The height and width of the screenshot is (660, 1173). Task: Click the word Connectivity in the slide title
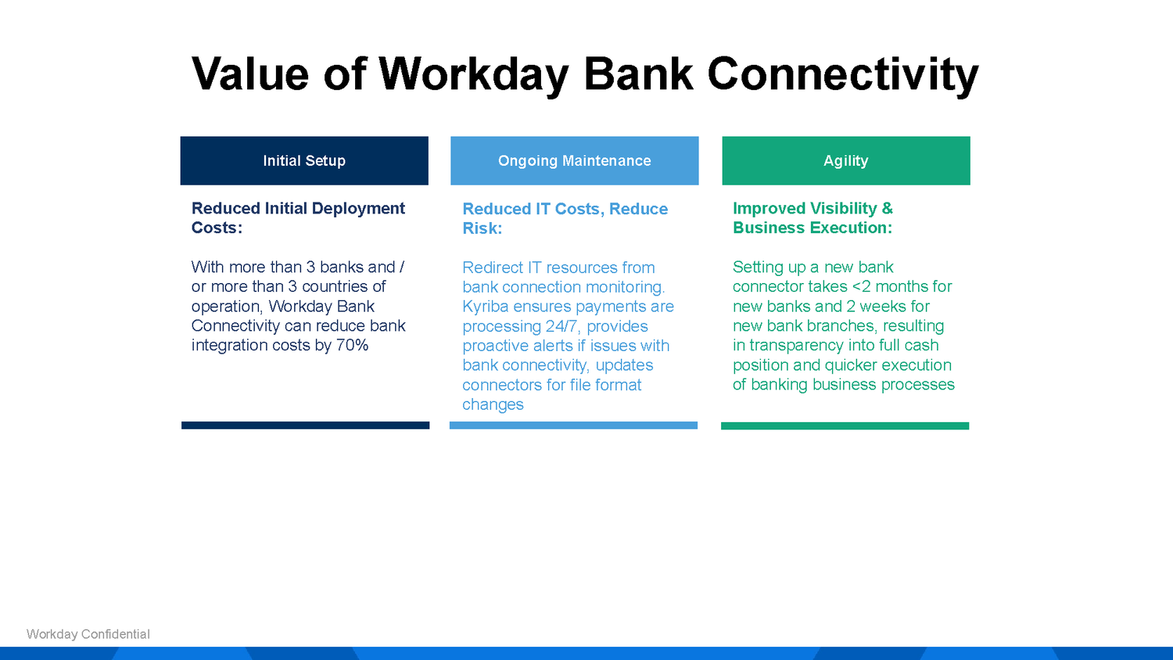(842, 74)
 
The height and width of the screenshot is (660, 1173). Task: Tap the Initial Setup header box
(304, 160)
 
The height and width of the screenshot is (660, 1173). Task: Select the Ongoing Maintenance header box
(574, 160)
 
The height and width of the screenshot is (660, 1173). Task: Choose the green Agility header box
(845, 160)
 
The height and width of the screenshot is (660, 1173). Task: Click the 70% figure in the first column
(352, 345)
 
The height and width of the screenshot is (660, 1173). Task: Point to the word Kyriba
(486, 307)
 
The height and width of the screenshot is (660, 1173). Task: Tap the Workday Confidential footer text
(88, 634)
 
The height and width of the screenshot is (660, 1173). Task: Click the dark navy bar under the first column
(305, 425)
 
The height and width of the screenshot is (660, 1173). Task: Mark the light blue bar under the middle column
(573, 425)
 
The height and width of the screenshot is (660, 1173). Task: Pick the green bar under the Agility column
(845, 426)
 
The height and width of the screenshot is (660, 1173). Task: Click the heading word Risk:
(482, 228)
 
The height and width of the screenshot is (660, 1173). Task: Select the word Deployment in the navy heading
(358, 208)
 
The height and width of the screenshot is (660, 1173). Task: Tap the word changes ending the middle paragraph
(493, 404)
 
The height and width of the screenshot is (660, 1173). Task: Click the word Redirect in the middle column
(493, 267)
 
